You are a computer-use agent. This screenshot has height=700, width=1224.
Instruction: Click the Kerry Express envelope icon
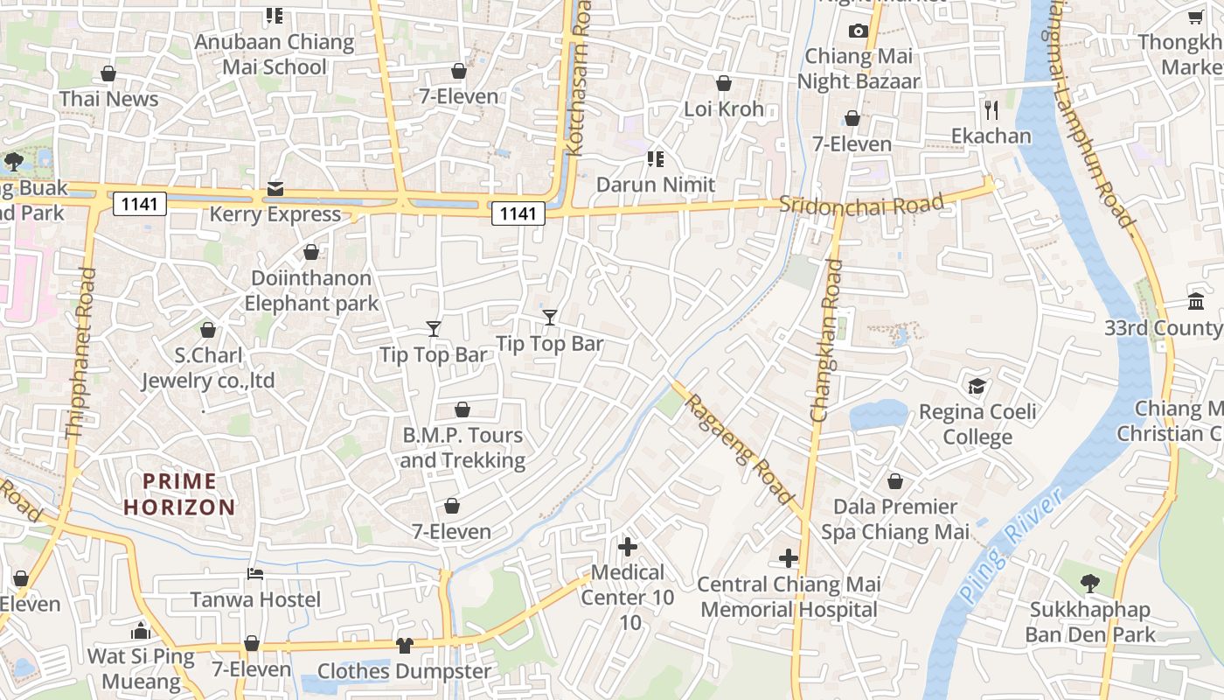pos(275,189)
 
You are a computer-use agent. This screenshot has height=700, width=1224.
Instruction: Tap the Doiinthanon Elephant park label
pos(311,290)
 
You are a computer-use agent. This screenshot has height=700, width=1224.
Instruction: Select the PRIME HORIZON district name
pos(179,493)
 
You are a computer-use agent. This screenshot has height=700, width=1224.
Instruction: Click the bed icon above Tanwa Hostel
pos(255,574)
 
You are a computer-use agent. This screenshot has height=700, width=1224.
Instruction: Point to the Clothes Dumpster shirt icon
pos(404,646)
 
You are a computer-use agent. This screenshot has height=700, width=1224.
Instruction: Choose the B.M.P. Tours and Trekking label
pos(462,447)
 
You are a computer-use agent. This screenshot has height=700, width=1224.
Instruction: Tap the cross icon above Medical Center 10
pos(628,547)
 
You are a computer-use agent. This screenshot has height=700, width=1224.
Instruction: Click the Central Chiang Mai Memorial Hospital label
pos(789,597)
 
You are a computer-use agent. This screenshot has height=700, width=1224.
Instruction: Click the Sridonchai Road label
pos(861,205)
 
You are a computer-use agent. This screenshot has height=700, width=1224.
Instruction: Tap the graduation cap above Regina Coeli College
pos(977,386)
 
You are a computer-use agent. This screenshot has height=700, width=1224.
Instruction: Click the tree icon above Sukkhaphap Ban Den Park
pos(1089,584)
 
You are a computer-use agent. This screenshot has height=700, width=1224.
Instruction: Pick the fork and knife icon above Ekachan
pos(991,110)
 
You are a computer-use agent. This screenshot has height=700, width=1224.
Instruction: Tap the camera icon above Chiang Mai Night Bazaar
pos(858,31)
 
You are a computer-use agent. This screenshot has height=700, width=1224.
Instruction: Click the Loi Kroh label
pos(724,109)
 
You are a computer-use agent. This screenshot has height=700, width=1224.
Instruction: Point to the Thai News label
pos(109,99)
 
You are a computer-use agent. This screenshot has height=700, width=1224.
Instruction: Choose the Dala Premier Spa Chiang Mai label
pos(895,519)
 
